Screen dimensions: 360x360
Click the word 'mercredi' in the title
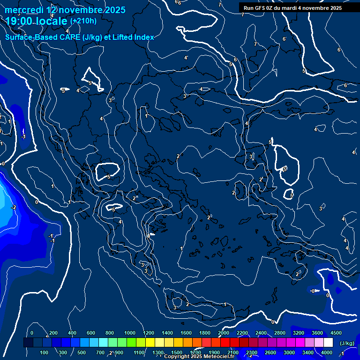tap(23, 10)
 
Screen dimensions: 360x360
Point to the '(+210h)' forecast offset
tap(83, 21)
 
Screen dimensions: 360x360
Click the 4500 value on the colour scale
tap(336, 333)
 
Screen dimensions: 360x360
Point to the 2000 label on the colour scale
tap(224, 333)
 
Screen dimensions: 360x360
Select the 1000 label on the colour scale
tap(130, 333)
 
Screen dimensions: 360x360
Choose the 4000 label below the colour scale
tap(327, 352)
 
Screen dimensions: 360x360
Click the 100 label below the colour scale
tap(45, 352)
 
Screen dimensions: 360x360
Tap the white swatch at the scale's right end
tap(328, 343)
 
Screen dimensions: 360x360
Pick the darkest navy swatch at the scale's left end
tap(28, 343)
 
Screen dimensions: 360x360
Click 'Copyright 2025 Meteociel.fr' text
tap(199, 357)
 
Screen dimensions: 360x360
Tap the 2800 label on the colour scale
tap(280, 333)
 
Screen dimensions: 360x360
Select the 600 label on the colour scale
tap(91, 333)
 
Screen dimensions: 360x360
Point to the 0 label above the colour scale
tap(32, 333)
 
